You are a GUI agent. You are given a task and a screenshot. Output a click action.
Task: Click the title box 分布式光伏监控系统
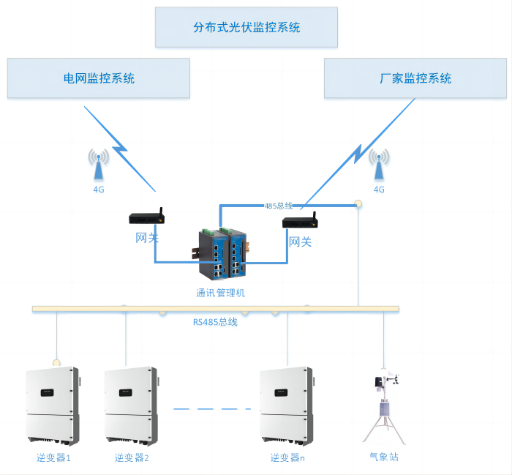click(246, 28)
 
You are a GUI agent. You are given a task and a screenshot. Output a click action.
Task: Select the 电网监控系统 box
click(99, 78)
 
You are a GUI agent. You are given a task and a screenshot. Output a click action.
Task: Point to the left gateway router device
click(146, 217)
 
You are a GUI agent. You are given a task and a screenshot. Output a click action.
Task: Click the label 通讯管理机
click(220, 293)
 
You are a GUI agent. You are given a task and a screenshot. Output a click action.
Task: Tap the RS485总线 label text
click(215, 321)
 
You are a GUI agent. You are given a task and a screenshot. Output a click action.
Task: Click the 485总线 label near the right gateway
click(279, 206)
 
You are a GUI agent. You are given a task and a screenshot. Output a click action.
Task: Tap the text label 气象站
click(384, 457)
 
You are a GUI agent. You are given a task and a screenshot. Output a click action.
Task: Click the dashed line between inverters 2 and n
click(208, 408)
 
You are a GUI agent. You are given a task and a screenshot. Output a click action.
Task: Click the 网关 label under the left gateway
click(147, 238)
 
